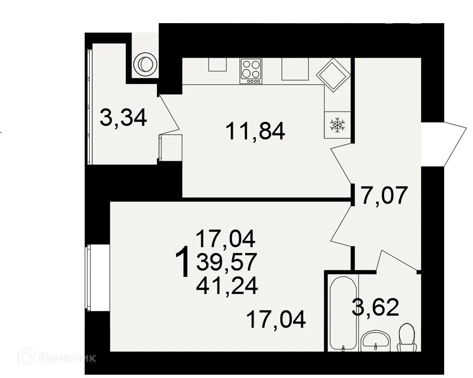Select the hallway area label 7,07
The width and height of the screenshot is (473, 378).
pos(384,196)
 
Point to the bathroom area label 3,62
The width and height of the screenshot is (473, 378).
pos(375,308)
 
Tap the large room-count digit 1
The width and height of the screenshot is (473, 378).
pos(183,262)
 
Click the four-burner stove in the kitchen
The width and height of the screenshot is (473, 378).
pos(251,71)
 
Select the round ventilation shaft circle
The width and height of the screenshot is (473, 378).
pos(144,64)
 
